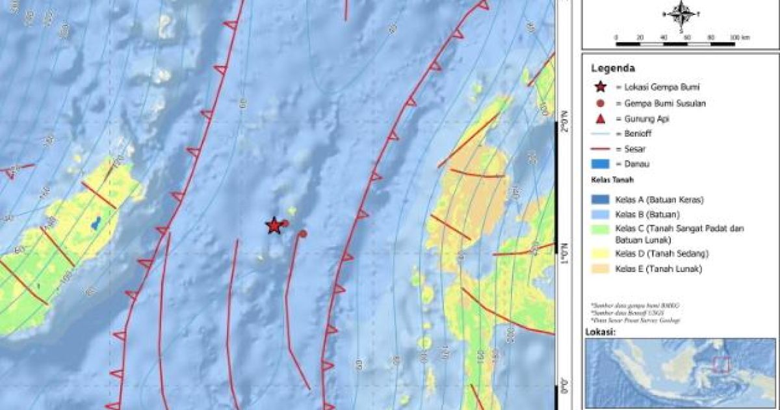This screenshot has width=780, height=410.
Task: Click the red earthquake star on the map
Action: point(274,226)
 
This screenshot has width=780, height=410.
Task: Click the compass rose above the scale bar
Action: point(681,14)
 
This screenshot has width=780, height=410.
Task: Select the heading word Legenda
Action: point(613,68)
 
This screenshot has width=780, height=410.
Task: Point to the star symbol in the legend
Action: point(599,87)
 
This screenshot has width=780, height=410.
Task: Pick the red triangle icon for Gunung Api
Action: point(599,118)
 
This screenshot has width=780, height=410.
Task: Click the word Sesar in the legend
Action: point(634,148)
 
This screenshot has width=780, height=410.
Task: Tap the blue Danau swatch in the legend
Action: point(599,164)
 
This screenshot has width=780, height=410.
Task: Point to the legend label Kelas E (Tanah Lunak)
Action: point(659,269)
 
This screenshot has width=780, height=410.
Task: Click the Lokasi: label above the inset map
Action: point(601,332)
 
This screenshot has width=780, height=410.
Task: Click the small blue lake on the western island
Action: point(96,223)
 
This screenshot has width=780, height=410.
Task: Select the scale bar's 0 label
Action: point(616,37)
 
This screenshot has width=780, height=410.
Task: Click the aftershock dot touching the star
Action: point(284,223)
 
